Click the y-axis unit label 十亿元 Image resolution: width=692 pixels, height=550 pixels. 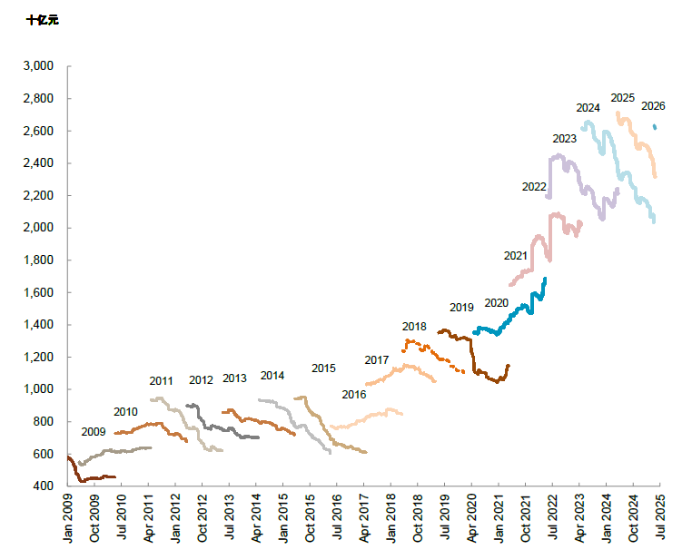coord(43,18)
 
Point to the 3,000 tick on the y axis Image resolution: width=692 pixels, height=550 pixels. coord(41,66)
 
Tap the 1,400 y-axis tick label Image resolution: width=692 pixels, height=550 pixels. coord(41,325)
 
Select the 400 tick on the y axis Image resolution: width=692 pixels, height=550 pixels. coord(45,486)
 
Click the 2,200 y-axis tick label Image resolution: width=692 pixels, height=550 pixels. coord(41,196)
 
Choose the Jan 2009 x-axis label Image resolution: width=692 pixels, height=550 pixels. coord(68,519)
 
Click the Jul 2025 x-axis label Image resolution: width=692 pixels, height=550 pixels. coord(660,519)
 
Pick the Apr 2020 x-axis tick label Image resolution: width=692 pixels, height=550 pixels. coord(471,519)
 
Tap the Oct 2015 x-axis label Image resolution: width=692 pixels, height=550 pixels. coord(310,519)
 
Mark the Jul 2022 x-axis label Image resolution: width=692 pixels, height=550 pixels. coord(552,519)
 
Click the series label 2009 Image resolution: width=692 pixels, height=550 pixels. coord(94,432)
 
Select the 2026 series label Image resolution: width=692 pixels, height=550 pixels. coord(653,106)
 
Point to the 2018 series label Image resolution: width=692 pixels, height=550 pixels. coord(414,327)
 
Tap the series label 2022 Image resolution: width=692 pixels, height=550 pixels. coord(534,187)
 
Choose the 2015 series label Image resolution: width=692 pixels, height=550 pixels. coord(323,368)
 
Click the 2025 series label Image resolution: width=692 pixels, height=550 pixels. coord(622,98)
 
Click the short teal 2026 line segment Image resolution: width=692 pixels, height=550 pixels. coord(655,127)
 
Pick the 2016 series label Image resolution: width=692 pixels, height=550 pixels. coord(354,395)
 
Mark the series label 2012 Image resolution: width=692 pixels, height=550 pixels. coord(201,379)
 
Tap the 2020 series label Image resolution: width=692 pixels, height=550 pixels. coord(496,303)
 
